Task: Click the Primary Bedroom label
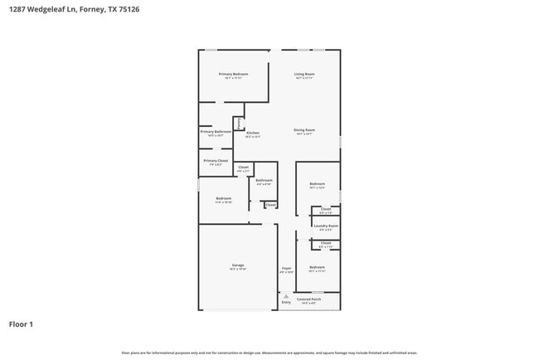233,74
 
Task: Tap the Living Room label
304,74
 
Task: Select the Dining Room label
304,129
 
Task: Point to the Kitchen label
252,133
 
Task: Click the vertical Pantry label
240,123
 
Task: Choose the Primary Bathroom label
216,131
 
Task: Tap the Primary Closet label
216,160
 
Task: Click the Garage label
238,266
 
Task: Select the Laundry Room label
327,226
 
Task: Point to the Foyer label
286,269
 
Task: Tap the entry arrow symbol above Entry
286,296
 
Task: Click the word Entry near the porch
286,303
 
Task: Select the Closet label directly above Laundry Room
326,209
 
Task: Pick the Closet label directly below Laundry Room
326,243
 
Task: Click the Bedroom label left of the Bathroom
224,198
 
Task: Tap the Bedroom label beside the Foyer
317,267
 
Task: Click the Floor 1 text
22,324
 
